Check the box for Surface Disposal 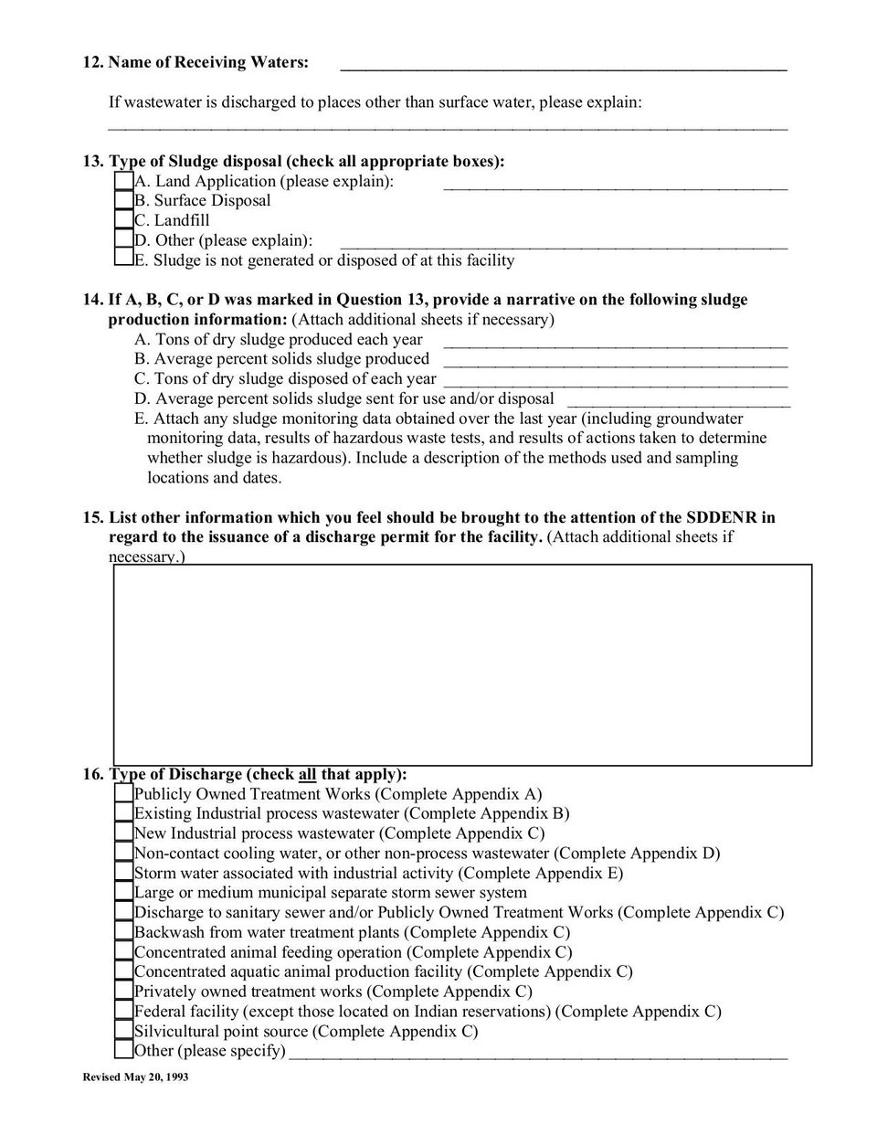click(123, 200)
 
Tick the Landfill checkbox click(123, 220)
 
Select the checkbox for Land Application click(123, 181)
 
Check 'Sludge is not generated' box click(123, 260)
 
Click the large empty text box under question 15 click(462, 664)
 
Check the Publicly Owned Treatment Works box click(123, 794)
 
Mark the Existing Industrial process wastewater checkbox click(123, 813)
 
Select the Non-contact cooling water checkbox click(123, 853)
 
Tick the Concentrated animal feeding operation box click(123, 952)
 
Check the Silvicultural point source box click(123, 1031)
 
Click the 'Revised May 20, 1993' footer click(135, 1078)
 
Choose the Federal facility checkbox click(123, 1011)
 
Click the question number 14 click(93, 300)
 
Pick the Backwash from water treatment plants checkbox click(123, 932)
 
